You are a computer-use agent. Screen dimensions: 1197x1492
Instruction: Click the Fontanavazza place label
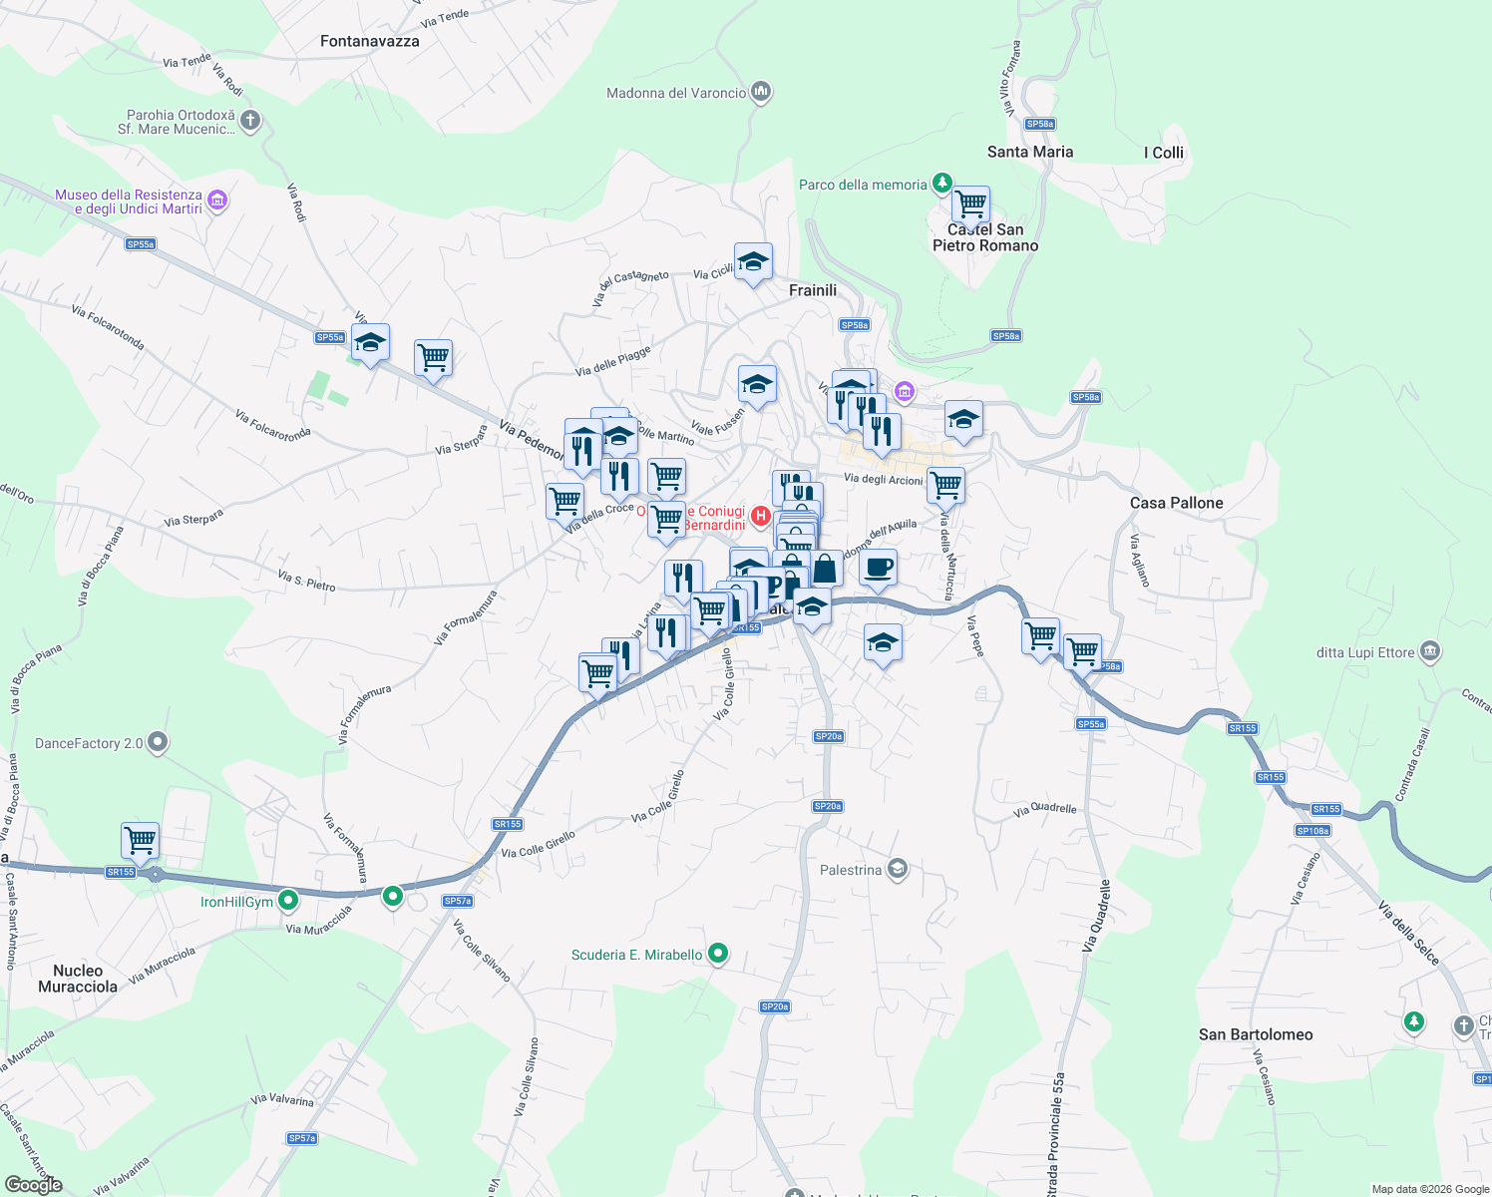370,41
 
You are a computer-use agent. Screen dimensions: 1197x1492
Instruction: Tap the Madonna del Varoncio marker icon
761,93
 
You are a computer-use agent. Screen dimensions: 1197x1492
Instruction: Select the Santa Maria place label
1030,152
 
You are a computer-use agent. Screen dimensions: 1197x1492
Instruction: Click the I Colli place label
1163,153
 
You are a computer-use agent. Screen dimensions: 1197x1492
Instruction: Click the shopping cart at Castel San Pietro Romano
970,205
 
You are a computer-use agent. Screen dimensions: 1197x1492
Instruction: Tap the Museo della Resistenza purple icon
217,200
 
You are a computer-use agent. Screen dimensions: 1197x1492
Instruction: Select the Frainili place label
813,290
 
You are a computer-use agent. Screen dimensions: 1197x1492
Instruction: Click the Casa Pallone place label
1177,503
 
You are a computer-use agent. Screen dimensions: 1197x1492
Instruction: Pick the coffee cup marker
878,569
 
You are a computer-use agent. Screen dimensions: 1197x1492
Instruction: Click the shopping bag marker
825,570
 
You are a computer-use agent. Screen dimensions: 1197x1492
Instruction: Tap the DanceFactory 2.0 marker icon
158,742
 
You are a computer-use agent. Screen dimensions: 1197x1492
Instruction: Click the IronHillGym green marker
288,901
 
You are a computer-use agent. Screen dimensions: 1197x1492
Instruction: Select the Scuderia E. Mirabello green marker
717,954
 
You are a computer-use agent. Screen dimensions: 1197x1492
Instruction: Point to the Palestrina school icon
898,869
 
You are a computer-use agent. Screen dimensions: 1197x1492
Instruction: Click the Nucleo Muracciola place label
78,979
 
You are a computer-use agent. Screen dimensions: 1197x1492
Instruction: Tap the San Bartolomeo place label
1256,1034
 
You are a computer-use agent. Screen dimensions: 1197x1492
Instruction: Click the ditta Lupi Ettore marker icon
1430,652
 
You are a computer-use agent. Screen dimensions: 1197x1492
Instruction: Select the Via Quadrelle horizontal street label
1044,809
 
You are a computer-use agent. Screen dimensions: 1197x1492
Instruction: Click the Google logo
34,1184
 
